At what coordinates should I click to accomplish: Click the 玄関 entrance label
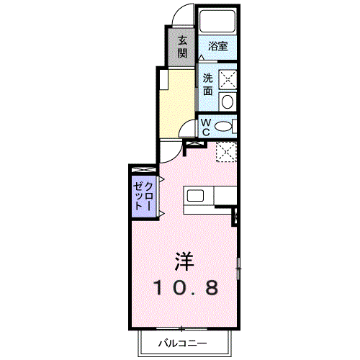point(182,46)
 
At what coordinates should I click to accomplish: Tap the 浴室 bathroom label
point(217,46)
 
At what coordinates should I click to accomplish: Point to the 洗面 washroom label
point(207,84)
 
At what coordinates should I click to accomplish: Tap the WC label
point(206,127)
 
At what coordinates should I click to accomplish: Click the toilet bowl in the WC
point(224,127)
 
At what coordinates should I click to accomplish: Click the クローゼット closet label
point(143,194)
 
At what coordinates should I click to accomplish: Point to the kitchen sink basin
point(196,195)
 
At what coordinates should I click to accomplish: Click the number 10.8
point(184,288)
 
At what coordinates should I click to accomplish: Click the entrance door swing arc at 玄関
point(184,16)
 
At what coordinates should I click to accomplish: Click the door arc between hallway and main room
point(170,152)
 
